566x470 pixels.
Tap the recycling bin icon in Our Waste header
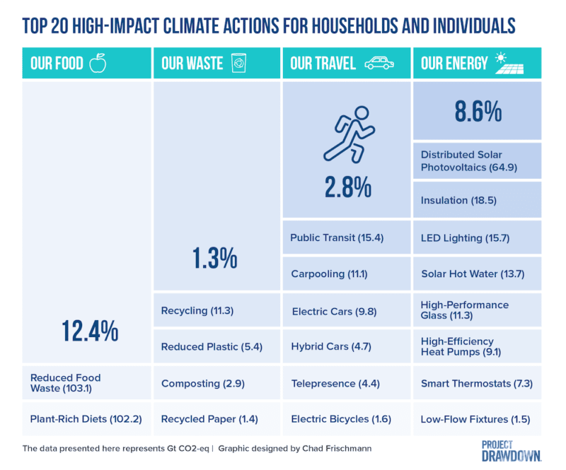tap(238, 64)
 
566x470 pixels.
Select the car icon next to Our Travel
tap(379, 64)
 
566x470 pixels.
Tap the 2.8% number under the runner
tap(347, 187)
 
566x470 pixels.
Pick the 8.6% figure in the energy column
tap(477, 111)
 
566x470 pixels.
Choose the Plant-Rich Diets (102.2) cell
tap(86, 419)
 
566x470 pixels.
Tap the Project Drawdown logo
tap(512, 450)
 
